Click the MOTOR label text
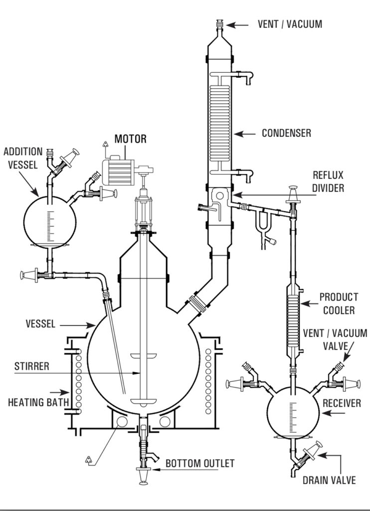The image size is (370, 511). tap(130, 139)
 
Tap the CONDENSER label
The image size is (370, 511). tap(286, 133)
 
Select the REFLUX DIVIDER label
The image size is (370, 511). tap(328, 182)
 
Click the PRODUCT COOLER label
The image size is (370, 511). tap(339, 303)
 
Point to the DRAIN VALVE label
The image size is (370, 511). tap(329, 480)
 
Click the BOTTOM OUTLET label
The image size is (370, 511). tap(200, 464)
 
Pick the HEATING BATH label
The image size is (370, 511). tap(38, 402)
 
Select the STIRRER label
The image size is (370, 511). tap(31, 366)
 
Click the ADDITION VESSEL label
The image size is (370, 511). tap(23, 158)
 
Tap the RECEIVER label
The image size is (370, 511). tap(342, 403)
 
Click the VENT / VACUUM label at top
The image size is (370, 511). tap(290, 24)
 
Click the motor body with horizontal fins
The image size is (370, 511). tap(118, 172)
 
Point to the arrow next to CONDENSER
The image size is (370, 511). tap(245, 134)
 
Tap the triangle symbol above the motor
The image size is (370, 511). tap(105, 144)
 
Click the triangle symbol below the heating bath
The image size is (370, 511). tap(89, 460)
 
